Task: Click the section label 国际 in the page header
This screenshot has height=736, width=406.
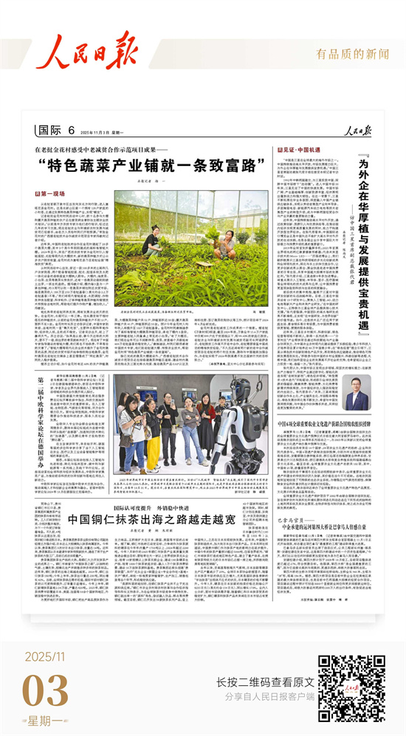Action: [x=49, y=131]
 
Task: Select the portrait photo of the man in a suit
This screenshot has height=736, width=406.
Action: [x=357, y=392]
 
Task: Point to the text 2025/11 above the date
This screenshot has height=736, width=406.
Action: [x=46, y=655]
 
